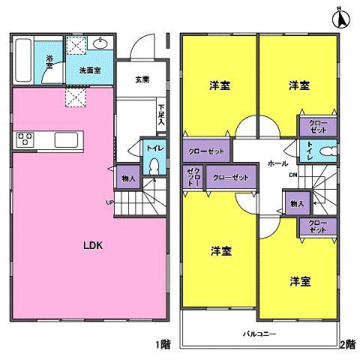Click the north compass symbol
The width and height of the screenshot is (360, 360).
click(x=338, y=17)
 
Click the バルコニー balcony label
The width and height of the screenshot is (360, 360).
click(x=260, y=329)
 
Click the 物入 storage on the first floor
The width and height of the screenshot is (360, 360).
click(x=127, y=178)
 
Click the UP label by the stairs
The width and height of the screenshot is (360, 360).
click(x=110, y=202)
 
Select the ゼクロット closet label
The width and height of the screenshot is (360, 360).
click(x=192, y=177)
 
